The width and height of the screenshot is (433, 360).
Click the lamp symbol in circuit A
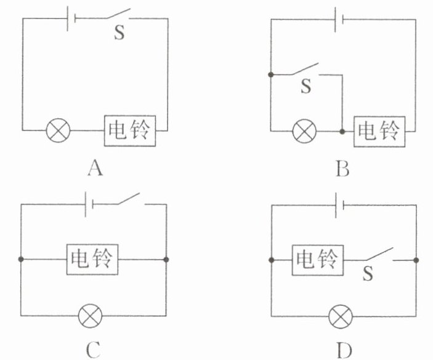pyautogui.click(x=59, y=130)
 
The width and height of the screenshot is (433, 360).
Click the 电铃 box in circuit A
pyautogui.click(x=128, y=129)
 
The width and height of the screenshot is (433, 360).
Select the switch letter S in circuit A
pyautogui.click(x=119, y=33)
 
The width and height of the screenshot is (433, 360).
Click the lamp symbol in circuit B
pyautogui.click(x=304, y=131)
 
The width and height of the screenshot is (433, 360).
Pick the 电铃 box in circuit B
pyautogui.click(x=379, y=130)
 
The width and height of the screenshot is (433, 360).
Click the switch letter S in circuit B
pyautogui.click(x=306, y=86)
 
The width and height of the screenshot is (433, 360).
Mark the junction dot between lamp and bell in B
pyautogui.click(x=341, y=131)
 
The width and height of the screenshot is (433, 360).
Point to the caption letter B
pyautogui.click(x=342, y=167)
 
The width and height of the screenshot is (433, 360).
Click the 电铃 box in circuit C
pyautogui.click(x=92, y=260)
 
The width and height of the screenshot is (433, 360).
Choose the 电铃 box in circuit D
pyautogui.click(x=317, y=260)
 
